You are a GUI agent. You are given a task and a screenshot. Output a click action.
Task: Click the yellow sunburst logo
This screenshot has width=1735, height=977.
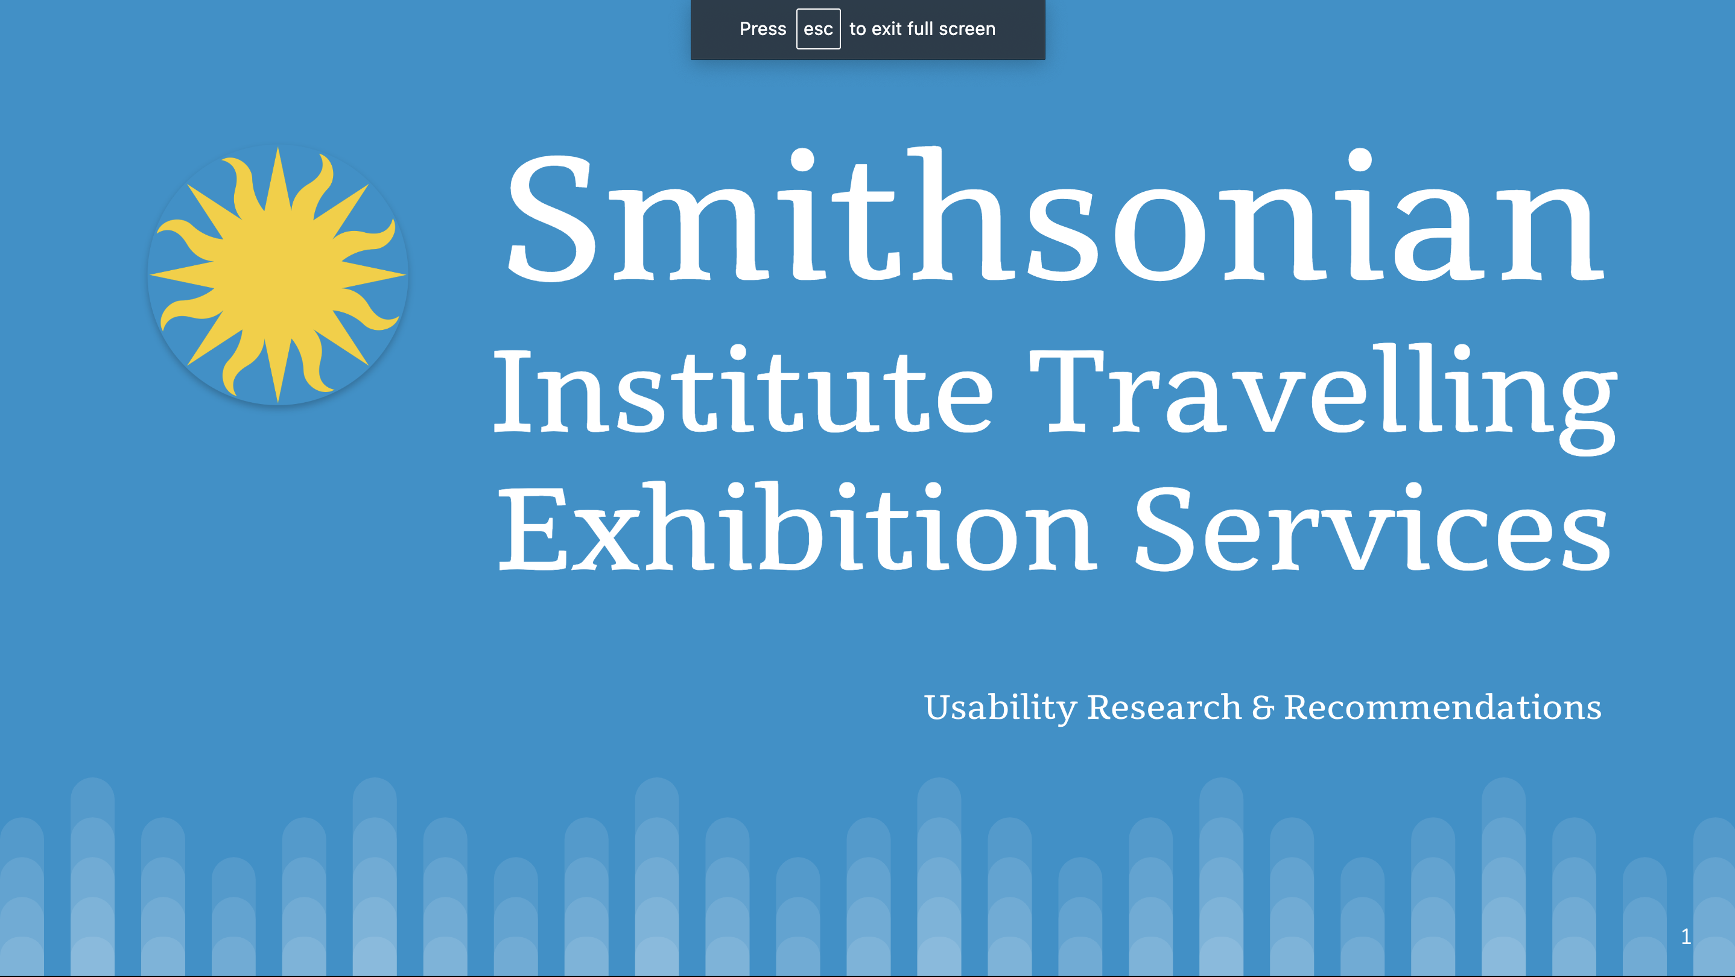(278, 275)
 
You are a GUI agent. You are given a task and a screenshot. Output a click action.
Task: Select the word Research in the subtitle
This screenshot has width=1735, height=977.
(1164, 707)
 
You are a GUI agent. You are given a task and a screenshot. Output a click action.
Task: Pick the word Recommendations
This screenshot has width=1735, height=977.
(1442, 707)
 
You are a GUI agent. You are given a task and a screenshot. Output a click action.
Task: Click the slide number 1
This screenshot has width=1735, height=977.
(1686, 936)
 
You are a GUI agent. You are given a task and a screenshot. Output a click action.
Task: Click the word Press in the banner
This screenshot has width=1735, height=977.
(763, 29)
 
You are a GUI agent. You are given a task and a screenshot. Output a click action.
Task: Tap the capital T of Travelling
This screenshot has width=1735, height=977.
(1067, 391)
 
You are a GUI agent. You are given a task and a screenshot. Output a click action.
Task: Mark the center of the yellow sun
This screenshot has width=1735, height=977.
(278, 275)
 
